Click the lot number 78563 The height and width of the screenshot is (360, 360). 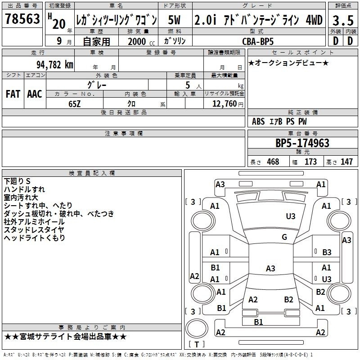pyautogui.click(x=22, y=18)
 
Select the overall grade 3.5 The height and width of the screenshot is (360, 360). pyautogui.click(x=343, y=21)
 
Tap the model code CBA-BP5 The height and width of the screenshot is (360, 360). pyautogui.click(x=258, y=41)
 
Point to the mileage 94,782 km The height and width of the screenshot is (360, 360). pyautogui.click(x=55, y=65)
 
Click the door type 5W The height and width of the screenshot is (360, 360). pyautogui.click(x=174, y=20)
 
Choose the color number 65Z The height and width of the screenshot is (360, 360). pyautogui.click(x=74, y=104)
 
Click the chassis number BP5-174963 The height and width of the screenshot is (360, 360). pyautogui.click(x=302, y=143)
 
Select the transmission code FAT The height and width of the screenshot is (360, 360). pyautogui.click(x=13, y=94)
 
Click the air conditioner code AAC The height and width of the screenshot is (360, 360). pyautogui.click(x=35, y=94)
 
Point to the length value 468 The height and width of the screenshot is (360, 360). pyautogui.click(x=273, y=162)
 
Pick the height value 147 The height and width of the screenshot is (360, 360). pyautogui.click(x=346, y=162)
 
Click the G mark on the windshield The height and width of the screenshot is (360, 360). pyautogui.click(x=284, y=237)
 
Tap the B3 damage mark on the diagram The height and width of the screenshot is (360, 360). pyautogui.click(x=327, y=252)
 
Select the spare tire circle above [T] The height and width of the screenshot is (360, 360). pyautogui.click(x=197, y=329)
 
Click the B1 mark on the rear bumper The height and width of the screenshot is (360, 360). pyautogui.click(x=258, y=322)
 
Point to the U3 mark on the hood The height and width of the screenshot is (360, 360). pyautogui.click(x=291, y=216)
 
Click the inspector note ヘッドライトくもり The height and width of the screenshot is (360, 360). pyautogui.click(x=35, y=238)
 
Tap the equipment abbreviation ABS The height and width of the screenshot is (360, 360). pyautogui.click(x=258, y=121)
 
